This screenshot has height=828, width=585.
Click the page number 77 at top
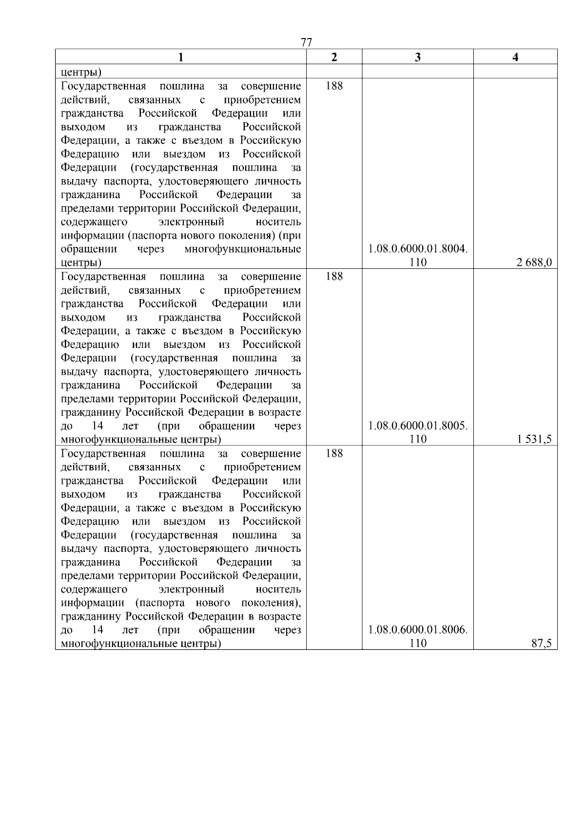(306, 42)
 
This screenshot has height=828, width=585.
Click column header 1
(180, 57)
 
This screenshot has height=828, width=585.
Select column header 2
(334, 57)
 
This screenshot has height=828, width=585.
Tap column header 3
(418, 57)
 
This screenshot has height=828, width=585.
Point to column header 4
(515, 57)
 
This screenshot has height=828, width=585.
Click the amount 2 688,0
(534, 263)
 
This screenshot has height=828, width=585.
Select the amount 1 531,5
(535, 439)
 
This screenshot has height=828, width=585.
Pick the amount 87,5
(542, 644)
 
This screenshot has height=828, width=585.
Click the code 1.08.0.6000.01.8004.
(418, 249)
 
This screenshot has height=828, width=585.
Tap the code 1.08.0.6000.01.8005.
(418, 425)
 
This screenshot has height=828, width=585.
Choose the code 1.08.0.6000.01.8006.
(418, 630)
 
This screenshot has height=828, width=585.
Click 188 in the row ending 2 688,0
(334, 86)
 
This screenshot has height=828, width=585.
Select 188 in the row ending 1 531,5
(334, 276)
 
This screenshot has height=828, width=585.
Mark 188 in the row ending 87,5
(334, 453)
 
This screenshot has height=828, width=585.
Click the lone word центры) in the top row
(81, 73)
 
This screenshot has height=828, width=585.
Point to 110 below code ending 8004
(418, 263)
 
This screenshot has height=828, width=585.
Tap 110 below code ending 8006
(418, 644)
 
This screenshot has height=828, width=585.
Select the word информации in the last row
(91, 603)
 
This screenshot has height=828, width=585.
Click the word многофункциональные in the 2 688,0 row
(243, 249)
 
